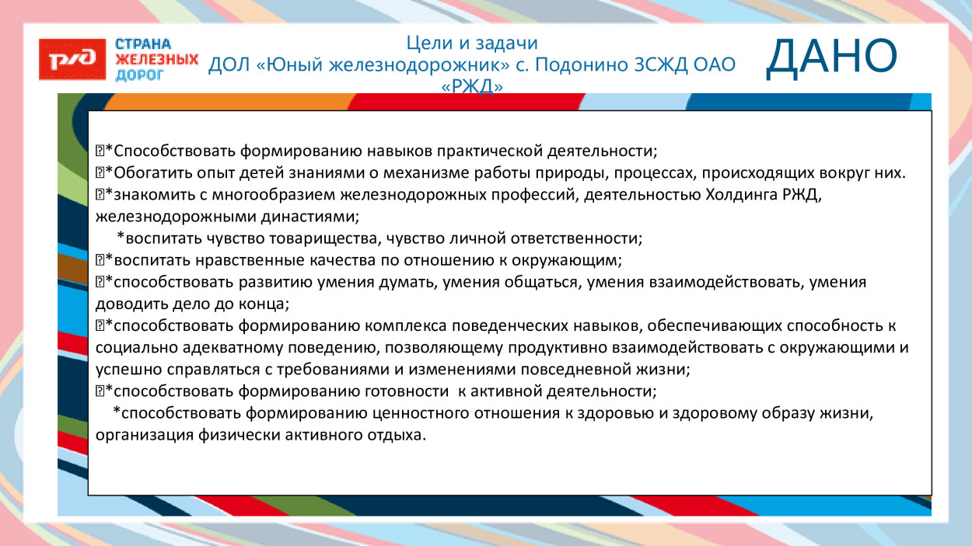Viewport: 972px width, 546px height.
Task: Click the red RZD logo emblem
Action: click(x=72, y=59)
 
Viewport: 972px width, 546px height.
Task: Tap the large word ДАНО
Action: click(x=831, y=58)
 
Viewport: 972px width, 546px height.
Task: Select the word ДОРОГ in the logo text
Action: click(x=139, y=75)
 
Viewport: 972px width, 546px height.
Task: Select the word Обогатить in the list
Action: click(x=149, y=172)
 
